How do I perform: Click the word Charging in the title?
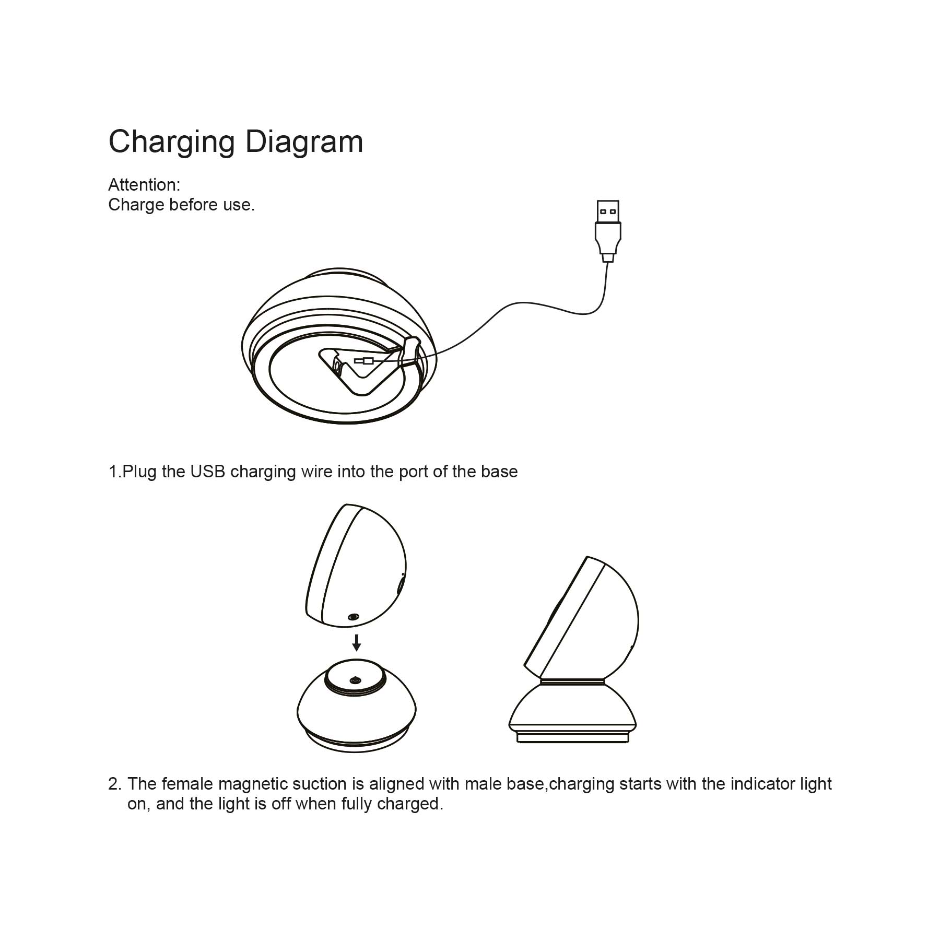[x=171, y=142]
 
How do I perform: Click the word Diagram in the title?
[x=304, y=142]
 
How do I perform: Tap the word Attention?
[x=144, y=185]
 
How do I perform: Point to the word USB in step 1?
[x=207, y=472]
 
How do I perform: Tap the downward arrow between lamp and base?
[x=357, y=642]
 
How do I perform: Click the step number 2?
[x=114, y=784]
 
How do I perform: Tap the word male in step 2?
[x=483, y=784]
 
